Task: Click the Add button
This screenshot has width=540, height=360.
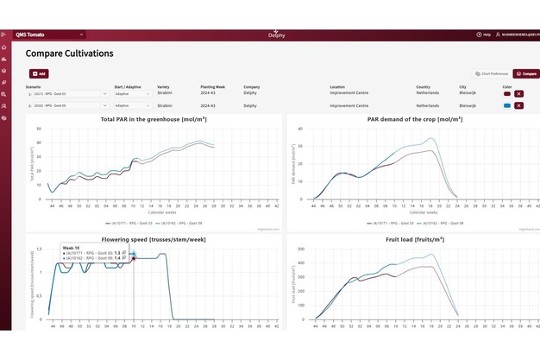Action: coord(40,74)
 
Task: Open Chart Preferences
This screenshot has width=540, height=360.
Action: coord(491,74)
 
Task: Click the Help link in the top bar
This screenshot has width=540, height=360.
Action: coord(484,35)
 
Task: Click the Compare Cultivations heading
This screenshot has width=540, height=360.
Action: coord(69,54)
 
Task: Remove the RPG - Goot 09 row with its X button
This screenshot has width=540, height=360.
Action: coord(519,105)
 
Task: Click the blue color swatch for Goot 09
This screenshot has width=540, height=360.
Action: coord(506,105)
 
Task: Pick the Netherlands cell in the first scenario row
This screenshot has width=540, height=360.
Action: coord(428,93)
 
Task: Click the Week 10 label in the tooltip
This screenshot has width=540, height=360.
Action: coord(71,247)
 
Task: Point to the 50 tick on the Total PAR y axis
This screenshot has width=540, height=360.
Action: coord(38,129)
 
